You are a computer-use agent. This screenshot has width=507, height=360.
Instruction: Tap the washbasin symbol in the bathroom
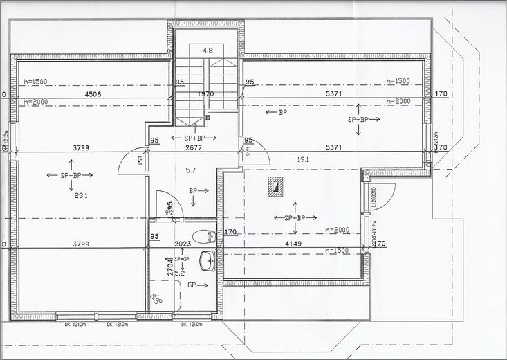tap(205, 262)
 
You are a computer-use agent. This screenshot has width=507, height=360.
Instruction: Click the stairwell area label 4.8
tap(207, 51)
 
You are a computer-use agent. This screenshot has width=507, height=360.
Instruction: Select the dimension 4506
tap(93, 94)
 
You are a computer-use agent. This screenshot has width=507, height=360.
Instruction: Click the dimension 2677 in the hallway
tap(193, 147)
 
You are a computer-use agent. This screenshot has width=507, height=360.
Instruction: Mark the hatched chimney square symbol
tap(275, 185)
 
